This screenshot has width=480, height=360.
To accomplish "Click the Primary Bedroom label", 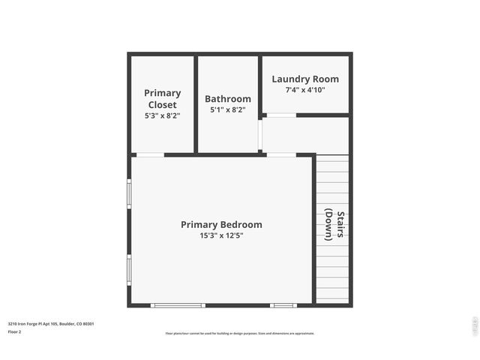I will click(x=221, y=224).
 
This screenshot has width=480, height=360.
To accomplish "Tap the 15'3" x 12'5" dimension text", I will click(x=221, y=235).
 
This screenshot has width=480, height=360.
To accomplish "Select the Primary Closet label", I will click(x=163, y=99).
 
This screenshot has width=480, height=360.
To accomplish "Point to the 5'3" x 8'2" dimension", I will click(x=163, y=116).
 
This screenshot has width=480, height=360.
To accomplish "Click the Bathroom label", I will click(x=228, y=99).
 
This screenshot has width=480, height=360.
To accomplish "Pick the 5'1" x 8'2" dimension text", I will click(x=228, y=110).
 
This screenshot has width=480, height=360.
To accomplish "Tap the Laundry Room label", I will click(x=305, y=79).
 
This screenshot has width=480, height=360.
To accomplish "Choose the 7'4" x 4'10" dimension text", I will click(x=305, y=90).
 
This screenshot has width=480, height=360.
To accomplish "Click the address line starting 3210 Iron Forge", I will click(x=51, y=324).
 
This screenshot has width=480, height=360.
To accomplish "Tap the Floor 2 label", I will click(x=14, y=331).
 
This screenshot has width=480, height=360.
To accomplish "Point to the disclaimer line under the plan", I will click(x=240, y=334).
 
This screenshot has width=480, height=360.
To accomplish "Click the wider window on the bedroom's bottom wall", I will click(x=178, y=305).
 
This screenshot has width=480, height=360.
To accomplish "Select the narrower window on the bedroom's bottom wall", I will click(x=283, y=305).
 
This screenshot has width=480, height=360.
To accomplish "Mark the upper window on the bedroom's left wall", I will click(x=129, y=193).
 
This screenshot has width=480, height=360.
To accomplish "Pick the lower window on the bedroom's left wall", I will click(x=129, y=268).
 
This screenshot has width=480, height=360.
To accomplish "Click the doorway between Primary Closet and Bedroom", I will click(x=149, y=155).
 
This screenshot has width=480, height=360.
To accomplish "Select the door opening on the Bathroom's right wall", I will click(x=260, y=135).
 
